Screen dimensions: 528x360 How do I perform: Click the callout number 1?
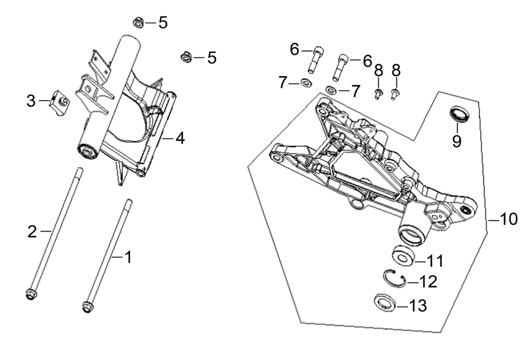point(128,257)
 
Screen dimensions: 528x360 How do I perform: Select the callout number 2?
point(32,232)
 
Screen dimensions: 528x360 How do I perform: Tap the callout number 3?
point(31,101)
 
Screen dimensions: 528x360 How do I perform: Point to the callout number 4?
point(180,138)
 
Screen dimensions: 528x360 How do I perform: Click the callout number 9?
point(457,141)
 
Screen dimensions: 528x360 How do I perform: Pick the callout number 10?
point(509,219)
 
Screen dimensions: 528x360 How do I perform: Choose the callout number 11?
point(436,260)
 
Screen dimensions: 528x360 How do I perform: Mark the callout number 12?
point(428,281)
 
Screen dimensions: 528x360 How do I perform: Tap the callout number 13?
point(418,306)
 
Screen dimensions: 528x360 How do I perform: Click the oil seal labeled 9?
point(460,113)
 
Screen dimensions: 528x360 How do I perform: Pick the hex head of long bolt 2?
point(31,294)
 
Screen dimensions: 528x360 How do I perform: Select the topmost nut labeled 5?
point(138,23)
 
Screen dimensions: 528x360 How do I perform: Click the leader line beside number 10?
point(494,220)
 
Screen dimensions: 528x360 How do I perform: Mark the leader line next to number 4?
point(168,138)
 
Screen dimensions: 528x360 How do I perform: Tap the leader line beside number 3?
point(44,101)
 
